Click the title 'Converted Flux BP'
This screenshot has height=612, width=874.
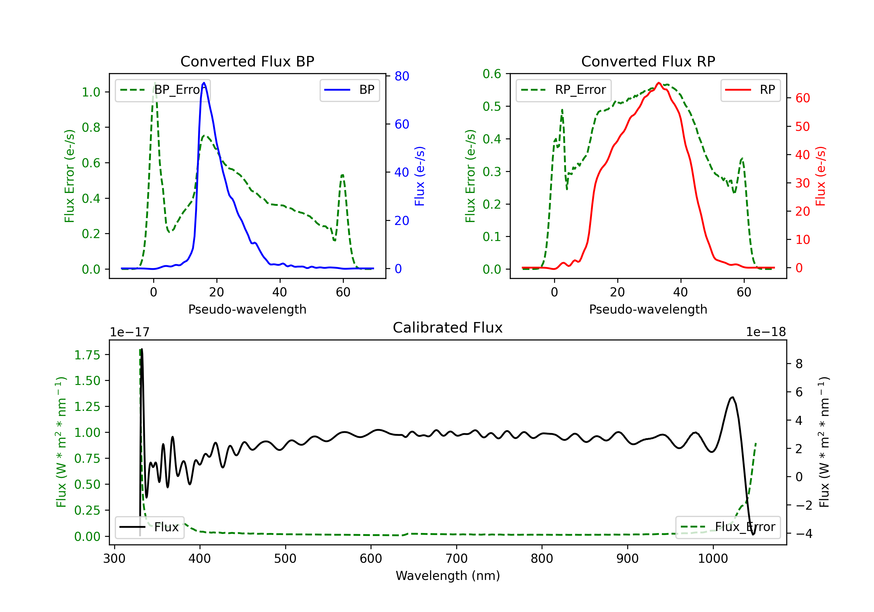point(247,61)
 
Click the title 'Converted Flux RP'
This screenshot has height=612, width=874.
point(648,61)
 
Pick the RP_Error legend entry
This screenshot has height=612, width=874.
point(563,90)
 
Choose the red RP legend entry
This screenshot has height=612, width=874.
point(750,90)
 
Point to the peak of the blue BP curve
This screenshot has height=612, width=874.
point(204,83)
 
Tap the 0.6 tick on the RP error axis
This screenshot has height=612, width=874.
point(492,74)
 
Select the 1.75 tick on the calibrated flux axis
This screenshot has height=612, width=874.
point(87,355)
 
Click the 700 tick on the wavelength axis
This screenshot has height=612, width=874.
point(457,559)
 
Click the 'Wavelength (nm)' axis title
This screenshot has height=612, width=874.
point(448,576)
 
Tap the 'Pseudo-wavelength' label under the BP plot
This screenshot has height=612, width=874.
point(247,309)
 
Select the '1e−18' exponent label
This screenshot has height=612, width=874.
point(766,332)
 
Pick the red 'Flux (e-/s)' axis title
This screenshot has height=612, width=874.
point(820,176)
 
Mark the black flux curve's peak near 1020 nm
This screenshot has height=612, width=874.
point(732,397)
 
